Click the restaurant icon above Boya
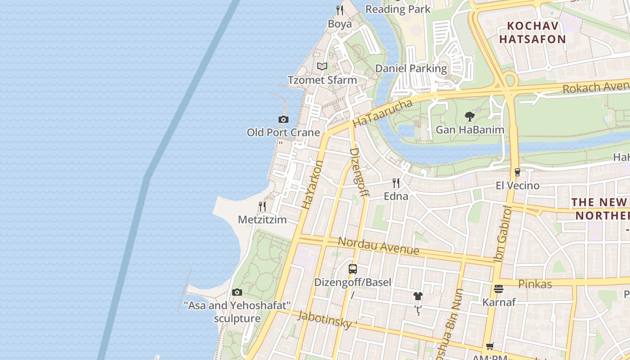coord(340,10)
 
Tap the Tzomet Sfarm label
coord(322,80)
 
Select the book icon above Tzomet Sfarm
coord(322,67)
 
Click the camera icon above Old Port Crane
coord(283,119)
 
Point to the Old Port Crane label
coord(283,133)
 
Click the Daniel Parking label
coord(411,68)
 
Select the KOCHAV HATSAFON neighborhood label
coord(532,32)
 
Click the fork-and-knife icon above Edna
coord(396,183)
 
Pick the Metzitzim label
coord(262,220)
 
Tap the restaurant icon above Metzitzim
coord(262,207)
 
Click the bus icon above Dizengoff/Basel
coord(353,269)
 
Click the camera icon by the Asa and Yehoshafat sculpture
coord(237,292)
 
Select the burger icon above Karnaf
coord(499,289)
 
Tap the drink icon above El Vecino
coord(517,172)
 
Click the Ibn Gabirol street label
coord(503,234)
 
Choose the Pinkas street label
coord(535,284)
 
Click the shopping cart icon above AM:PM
coord(490,346)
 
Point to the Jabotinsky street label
coord(324,319)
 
